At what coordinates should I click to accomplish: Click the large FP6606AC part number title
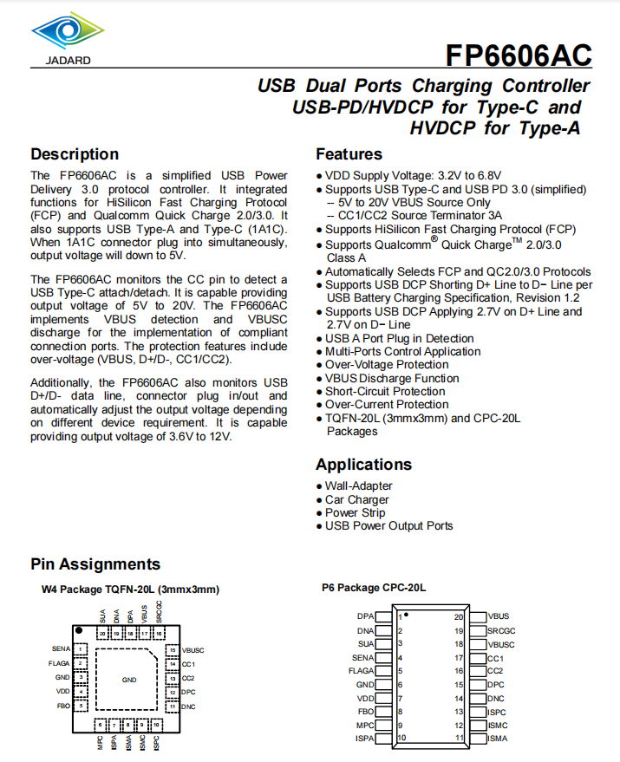(519, 55)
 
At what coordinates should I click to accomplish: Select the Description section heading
(75, 154)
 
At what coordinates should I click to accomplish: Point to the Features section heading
(349, 154)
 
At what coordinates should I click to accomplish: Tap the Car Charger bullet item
(356, 499)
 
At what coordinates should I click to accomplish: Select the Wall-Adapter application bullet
(358, 486)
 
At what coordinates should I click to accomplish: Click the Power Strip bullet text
(355, 512)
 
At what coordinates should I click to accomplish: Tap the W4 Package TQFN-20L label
(130, 589)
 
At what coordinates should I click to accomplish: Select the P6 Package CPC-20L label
(374, 588)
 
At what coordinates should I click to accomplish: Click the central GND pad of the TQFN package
(128, 680)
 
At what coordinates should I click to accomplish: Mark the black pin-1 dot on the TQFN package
(78, 630)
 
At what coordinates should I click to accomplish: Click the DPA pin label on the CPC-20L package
(365, 617)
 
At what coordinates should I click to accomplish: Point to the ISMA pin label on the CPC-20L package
(497, 739)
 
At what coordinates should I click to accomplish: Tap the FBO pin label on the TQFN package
(63, 706)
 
